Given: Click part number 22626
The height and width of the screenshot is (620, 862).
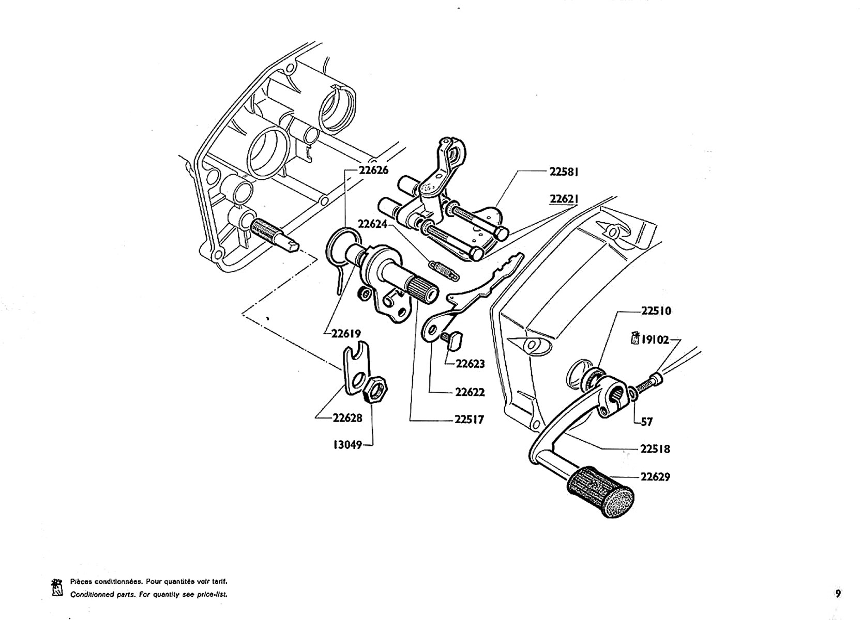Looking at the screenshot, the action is click(x=373, y=170).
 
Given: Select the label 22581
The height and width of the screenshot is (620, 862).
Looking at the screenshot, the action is click(x=564, y=172).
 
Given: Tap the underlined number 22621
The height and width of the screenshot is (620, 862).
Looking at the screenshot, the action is click(x=564, y=199).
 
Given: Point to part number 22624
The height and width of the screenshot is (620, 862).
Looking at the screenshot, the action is click(x=372, y=224).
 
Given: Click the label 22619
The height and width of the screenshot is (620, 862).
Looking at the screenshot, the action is click(x=346, y=333).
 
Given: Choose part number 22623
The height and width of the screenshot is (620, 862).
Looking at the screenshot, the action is click(x=470, y=363).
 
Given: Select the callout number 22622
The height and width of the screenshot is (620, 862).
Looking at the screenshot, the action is click(x=470, y=392).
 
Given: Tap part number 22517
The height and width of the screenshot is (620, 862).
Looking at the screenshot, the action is click(x=469, y=419).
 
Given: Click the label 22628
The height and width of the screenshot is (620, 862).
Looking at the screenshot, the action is click(x=347, y=417).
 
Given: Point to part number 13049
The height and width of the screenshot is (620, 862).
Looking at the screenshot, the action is click(x=347, y=445).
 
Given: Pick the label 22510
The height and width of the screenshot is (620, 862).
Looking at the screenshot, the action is click(x=656, y=311).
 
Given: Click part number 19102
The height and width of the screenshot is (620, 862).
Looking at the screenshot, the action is click(x=655, y=340).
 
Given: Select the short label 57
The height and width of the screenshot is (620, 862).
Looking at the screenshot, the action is click(x=647, y=422).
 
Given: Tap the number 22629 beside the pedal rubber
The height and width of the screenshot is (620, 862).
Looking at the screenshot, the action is click(x=655, y=477).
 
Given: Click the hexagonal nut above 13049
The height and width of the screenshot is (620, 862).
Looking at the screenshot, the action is click(x=375, y=390).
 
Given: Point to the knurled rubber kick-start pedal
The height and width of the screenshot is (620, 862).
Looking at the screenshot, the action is click(x=600, y=492).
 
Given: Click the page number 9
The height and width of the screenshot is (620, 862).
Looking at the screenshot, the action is click(x=838, y=594).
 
